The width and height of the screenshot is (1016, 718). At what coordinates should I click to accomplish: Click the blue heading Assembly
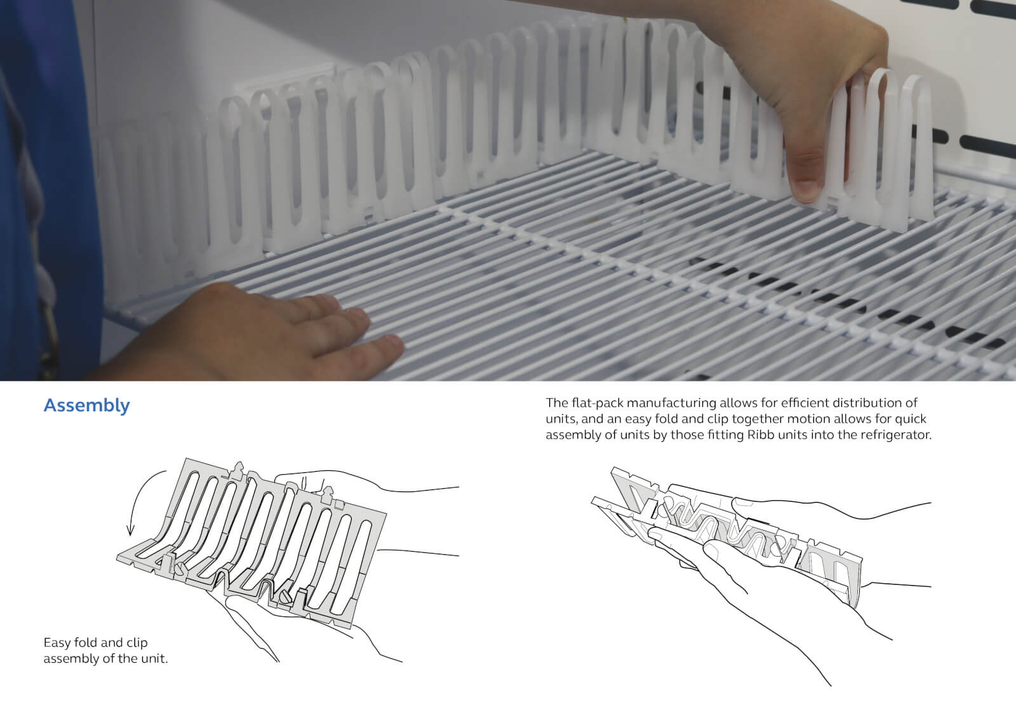(86, 405)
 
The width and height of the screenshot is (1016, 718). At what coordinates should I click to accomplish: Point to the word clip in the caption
(137, 642)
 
